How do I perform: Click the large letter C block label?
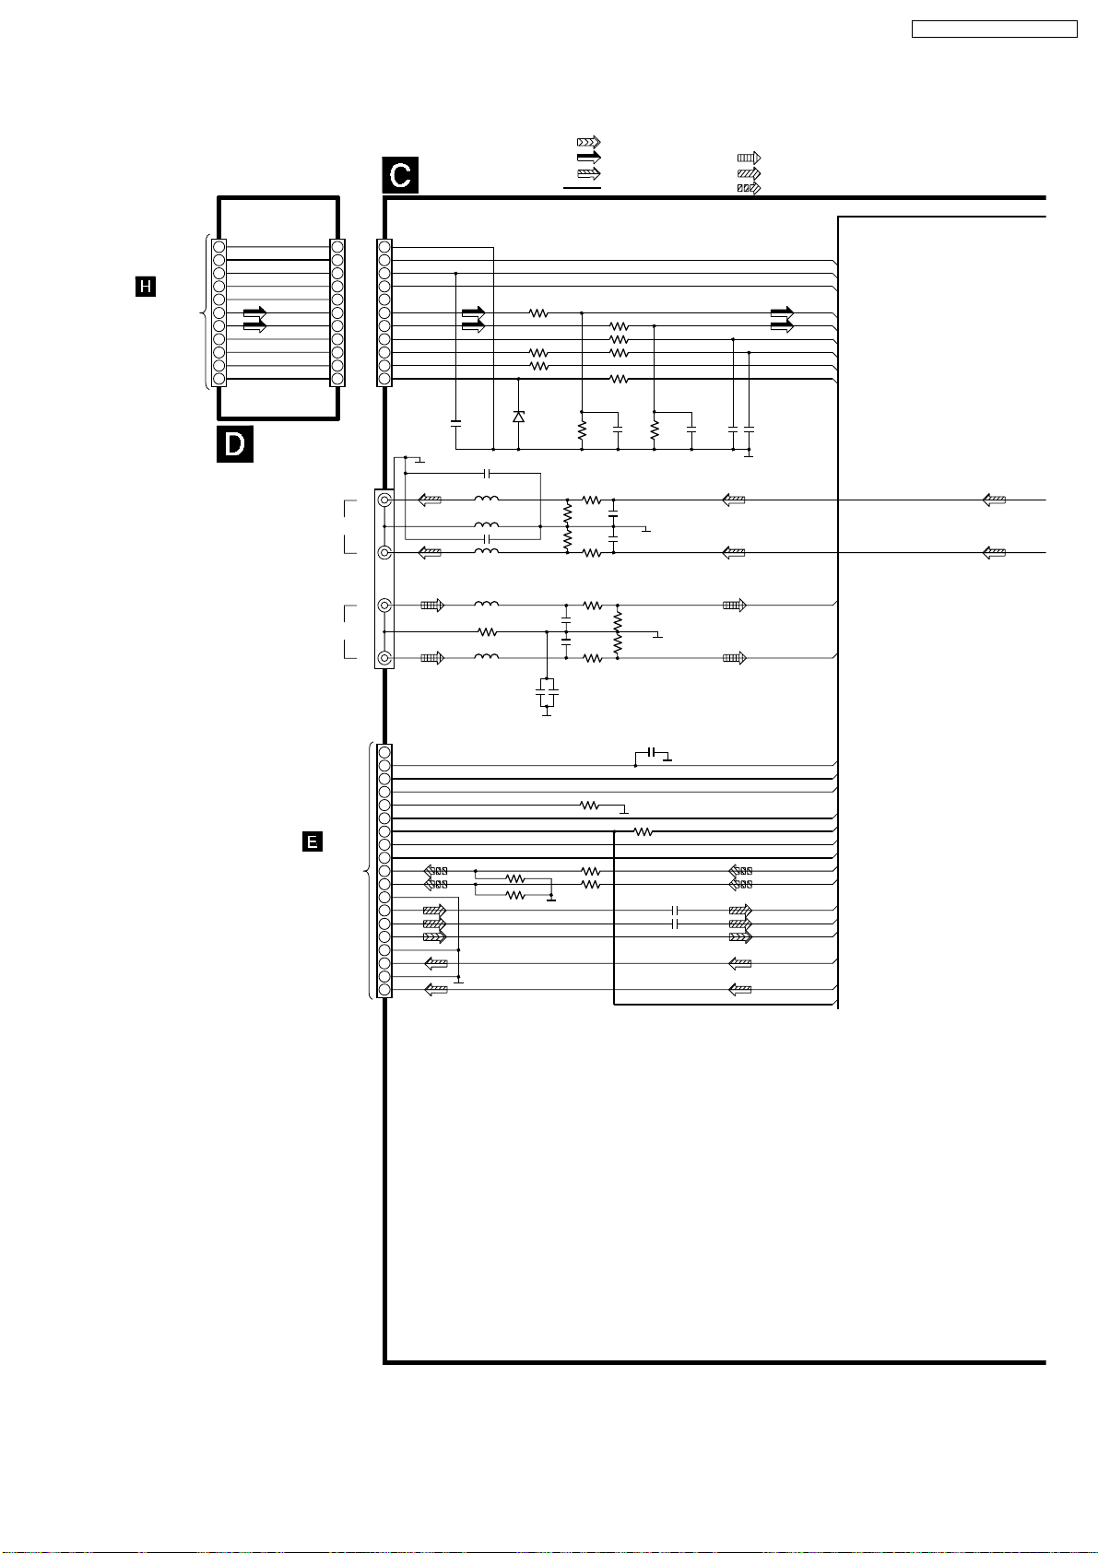tap(400, 175)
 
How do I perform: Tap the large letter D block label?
tap(234, 443)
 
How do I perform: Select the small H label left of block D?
tap(145, 288)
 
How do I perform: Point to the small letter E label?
tap(313, 841)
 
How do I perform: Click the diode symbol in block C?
tap(518, 417)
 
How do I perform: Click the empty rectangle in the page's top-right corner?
tap(994, 29)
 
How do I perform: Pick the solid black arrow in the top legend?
tap(588, 158)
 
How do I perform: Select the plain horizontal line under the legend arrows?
tap(582, 188)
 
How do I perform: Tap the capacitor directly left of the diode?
tap(455, 423)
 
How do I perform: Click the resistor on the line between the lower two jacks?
tap(487, 632)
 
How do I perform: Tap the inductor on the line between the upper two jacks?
tap(486, 526)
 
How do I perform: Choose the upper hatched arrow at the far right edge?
tap(994, 500)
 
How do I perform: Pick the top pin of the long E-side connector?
tap(384, 752)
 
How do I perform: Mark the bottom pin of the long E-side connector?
tap(384, 990)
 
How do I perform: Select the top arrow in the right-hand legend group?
tap(748, 158)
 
